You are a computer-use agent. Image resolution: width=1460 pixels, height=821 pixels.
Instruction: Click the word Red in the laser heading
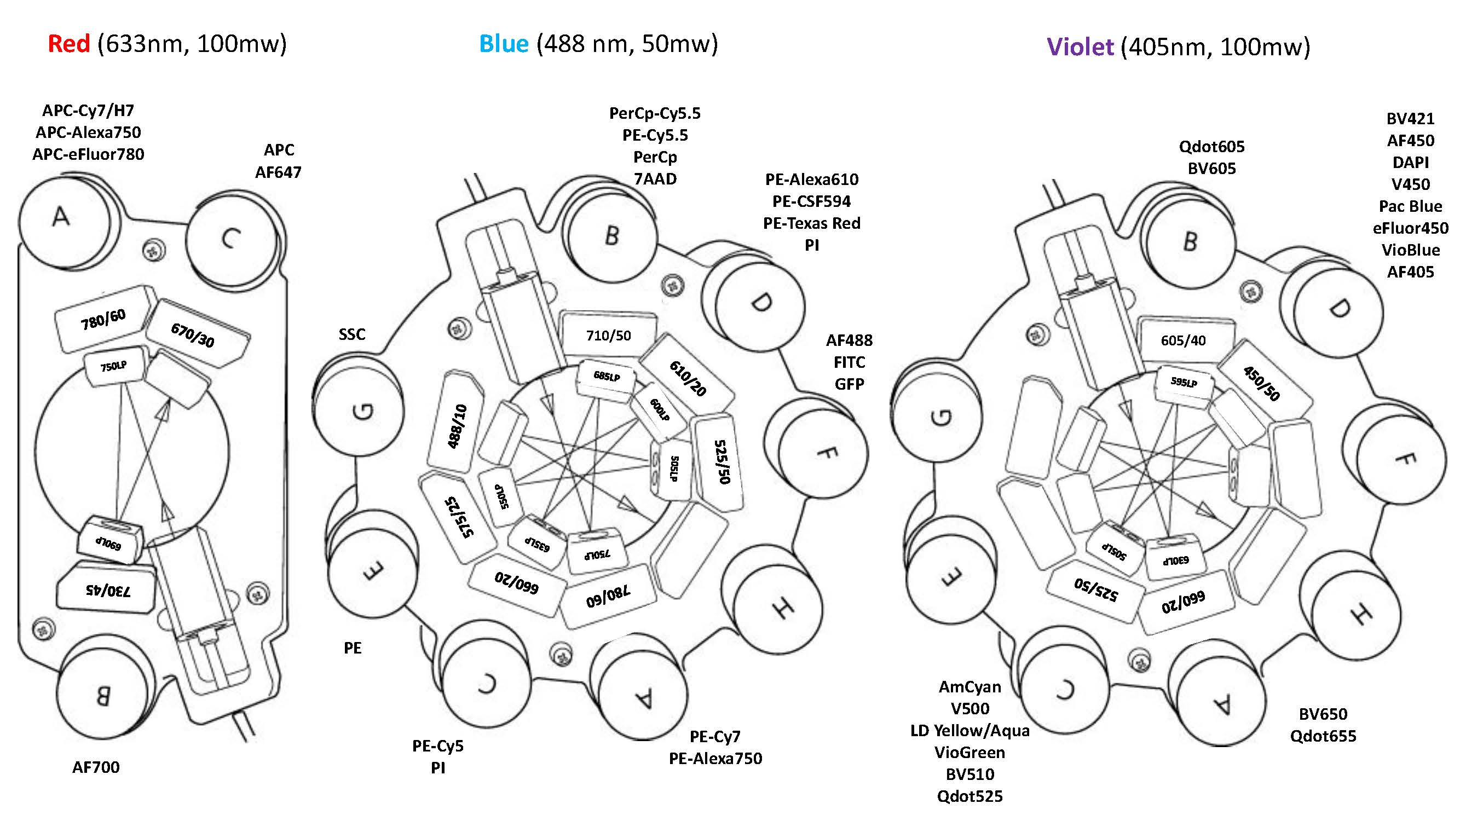click(68, 44)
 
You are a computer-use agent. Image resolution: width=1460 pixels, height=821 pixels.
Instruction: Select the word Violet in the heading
click(1080, 47)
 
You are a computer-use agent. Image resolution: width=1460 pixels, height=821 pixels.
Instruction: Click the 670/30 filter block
click(194, 334)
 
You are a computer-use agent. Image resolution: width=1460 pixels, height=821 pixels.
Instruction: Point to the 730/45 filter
click(107, 591)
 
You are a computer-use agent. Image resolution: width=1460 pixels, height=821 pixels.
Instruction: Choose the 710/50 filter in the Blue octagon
click(608, 336)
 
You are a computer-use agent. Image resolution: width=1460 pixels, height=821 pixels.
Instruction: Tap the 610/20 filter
click(688, 378)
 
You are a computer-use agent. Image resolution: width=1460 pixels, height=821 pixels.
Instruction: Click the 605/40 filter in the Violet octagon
click(1183, 340)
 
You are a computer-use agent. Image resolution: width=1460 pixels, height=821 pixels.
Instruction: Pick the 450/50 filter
click(1262, 384)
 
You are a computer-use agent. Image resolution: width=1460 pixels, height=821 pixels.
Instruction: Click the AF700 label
click(96, 767)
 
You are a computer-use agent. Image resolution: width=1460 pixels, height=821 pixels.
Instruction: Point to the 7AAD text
click(655, 179)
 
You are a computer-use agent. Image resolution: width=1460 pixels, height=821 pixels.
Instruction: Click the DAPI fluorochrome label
click(1410, 163)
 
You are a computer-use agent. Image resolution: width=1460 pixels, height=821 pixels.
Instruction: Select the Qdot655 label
click(1323, 736)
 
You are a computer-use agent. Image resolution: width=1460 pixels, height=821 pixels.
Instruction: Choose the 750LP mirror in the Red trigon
click(113, 367)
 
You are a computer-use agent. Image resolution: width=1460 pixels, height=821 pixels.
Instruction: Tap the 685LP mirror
click(606, 376)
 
